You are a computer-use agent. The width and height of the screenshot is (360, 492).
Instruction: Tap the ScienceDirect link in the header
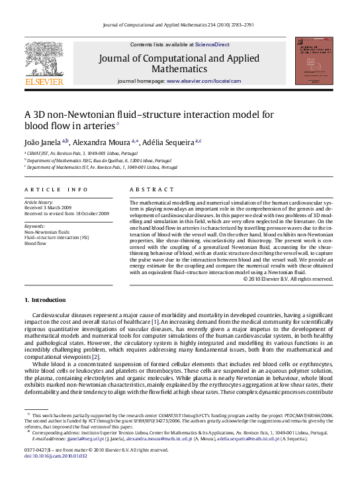[x=212, y=44]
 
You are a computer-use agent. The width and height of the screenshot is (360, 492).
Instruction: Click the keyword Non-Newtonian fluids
[x=46, y=232]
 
